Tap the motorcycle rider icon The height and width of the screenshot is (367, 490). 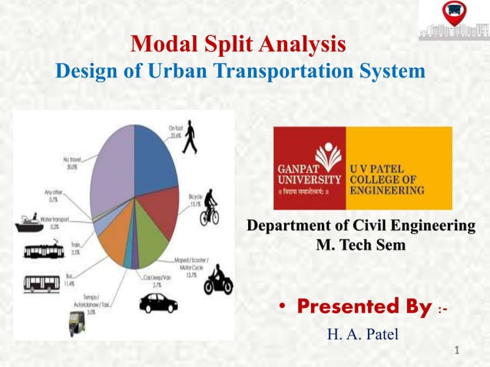pos(218,280)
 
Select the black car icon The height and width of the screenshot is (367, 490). pos(158,303)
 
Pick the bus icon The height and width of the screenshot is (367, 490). pos(41,283)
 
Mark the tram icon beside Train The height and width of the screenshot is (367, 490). pos(43,251)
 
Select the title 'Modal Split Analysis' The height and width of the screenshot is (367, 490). pos(238,42)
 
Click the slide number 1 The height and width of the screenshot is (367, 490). pos(458,351)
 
